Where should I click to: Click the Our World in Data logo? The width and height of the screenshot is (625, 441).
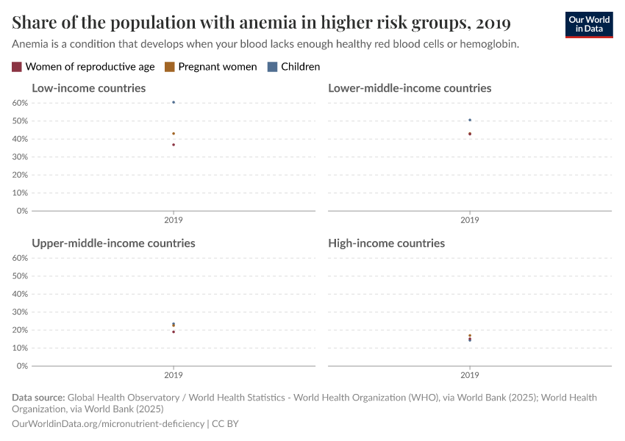(588, 24)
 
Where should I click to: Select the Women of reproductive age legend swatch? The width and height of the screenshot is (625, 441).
(17, 67)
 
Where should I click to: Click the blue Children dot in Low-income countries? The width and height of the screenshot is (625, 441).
(174, 102)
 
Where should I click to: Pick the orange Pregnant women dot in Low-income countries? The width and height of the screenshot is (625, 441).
(174, 134)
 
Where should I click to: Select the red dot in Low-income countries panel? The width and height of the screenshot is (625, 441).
(174, 145)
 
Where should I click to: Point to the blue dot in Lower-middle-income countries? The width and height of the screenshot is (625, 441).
(470, 120)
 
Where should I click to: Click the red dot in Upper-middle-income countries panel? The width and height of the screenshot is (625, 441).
(174, 331)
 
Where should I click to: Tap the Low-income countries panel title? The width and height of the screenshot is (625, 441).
(88, 88)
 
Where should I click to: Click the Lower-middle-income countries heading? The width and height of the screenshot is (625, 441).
(410, 88)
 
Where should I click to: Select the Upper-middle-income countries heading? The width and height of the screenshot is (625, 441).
(113, 243)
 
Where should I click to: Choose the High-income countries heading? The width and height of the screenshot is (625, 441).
(386, 243)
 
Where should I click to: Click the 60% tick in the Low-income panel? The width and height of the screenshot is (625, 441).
(20, 103)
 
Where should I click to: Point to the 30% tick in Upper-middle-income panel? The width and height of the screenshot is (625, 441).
(20, 312)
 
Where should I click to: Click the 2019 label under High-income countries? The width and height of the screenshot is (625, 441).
(470, 375)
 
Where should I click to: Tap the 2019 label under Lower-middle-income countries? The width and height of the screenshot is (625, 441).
(470, 220)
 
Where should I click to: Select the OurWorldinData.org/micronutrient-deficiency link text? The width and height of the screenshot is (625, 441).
(108, 424)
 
